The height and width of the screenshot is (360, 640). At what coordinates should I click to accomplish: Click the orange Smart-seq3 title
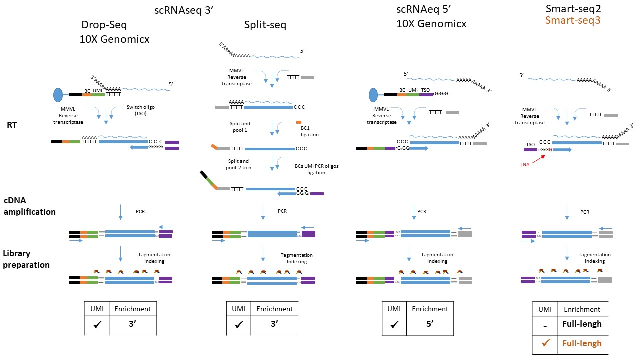pyautogui.click(x=573, y=20)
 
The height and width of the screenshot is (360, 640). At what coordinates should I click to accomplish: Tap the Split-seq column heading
pyautogui.click(x=265, y=25)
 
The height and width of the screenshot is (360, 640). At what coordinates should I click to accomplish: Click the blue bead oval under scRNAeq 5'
pyautogui.click(x=375, y=95)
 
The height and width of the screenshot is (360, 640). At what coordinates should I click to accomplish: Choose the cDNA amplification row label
pyautogui.click(x=30, y=206)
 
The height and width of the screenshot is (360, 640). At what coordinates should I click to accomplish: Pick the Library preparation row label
pyautogui.click(x=27, y=260)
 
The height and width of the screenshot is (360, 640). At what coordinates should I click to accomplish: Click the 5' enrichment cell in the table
pyautogui.click(x=429, y=324)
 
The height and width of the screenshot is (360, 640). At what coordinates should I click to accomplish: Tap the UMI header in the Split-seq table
pyautogui.click(x=238, y=309)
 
